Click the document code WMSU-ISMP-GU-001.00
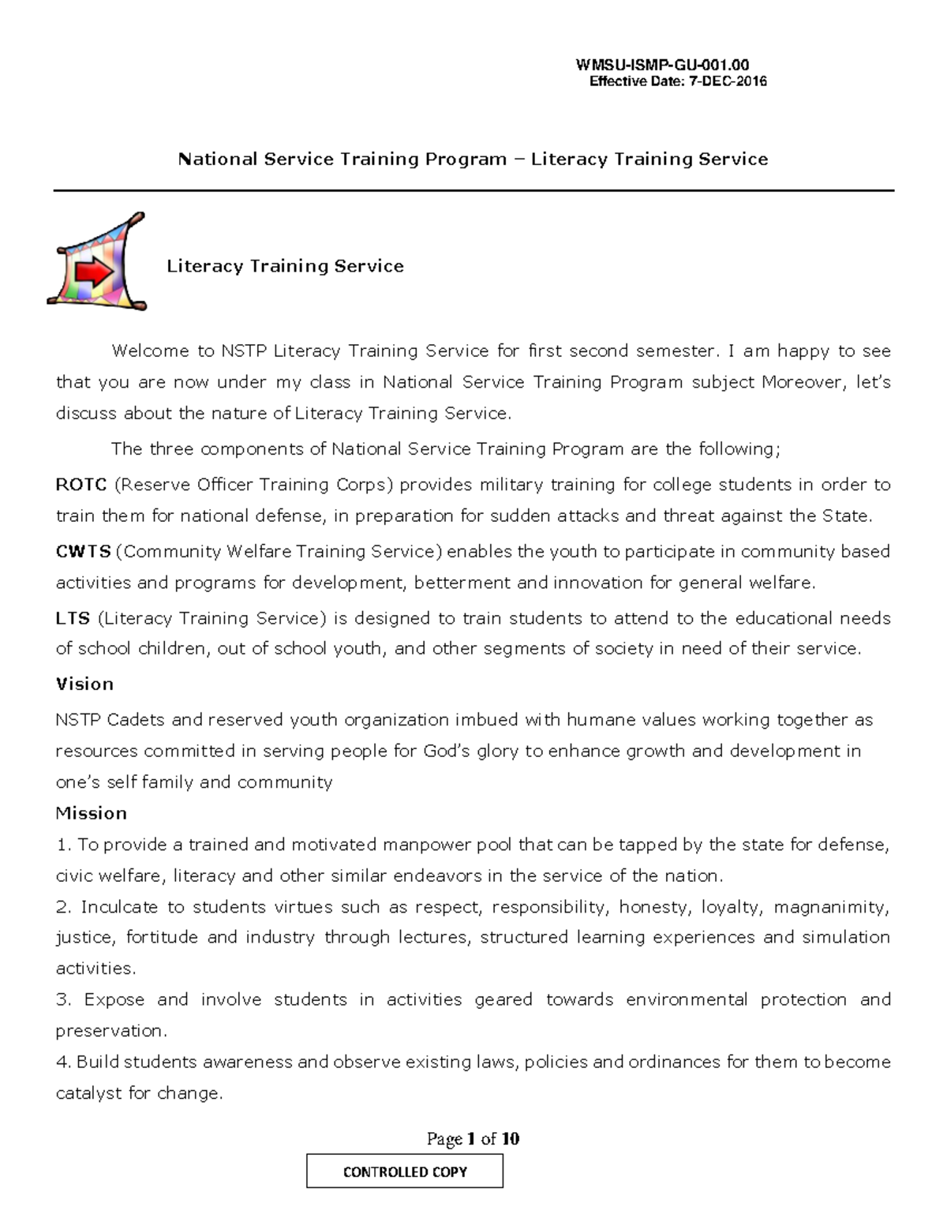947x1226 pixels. [662, 66]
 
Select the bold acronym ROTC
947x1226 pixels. [81, 485]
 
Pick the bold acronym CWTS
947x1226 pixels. [83, 551]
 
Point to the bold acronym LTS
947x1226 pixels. [73, 618]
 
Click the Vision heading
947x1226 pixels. [84, 684]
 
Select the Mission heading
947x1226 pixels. [91, 813]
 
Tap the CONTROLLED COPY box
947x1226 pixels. [404, 1172]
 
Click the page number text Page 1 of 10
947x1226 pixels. [473, 1138]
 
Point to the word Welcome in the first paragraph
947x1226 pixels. [150, 351]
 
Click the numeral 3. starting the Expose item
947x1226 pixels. [64, 999]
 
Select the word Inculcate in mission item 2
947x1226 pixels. [119, 907]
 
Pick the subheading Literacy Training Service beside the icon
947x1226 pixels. [285, 266]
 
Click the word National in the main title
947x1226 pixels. [218, 159]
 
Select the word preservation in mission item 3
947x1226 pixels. [110, 1031]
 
